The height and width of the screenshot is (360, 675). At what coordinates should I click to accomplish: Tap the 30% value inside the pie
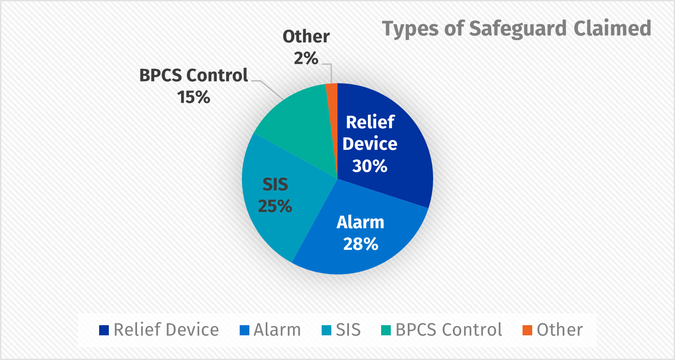[370, 166]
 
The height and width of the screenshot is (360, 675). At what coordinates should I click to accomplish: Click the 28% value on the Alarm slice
[360, 244]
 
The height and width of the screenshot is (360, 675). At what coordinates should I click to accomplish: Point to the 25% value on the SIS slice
[275, 206]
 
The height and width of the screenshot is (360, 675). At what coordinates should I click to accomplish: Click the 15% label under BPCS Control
[194, 97]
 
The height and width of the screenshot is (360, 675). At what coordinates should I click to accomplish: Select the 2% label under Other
[306, 58]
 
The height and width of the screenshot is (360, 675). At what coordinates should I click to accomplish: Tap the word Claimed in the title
[612, 29]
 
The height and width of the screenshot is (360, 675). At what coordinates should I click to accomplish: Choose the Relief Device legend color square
[104, 330]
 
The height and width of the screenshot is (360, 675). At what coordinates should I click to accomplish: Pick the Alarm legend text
[277, 330]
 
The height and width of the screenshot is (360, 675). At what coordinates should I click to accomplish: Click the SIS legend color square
[326, 330]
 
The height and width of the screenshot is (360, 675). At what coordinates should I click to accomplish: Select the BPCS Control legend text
[449, 330]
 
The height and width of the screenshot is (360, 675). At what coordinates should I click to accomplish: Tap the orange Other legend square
[527, 330]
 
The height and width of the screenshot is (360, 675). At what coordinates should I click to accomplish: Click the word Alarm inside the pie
[360, 223]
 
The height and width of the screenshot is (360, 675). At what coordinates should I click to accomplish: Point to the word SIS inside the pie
[275, 185]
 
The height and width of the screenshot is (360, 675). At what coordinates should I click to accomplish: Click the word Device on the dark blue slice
[370, 144]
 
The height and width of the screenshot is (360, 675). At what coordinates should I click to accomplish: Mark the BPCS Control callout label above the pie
[194, 75]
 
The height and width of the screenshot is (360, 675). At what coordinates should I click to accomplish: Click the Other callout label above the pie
[306, 37]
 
